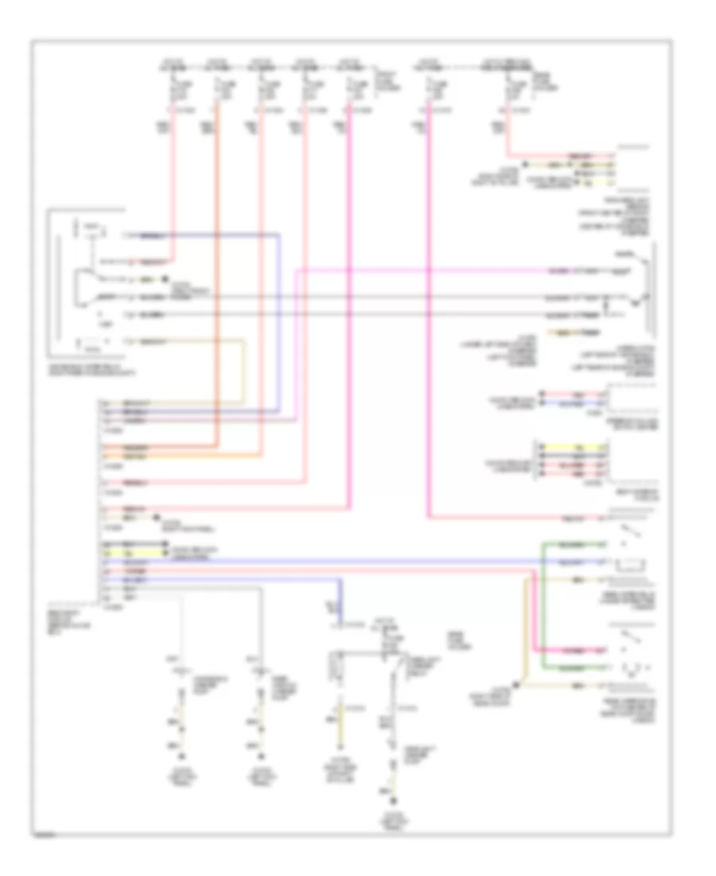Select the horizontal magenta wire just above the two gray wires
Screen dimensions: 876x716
point(477,272)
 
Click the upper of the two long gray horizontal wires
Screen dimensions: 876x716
point(398,297)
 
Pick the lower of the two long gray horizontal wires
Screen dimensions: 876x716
point(398,315)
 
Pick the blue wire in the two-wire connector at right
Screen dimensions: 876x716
point(570,403)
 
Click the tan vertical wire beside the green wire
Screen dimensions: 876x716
point(525,629)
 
